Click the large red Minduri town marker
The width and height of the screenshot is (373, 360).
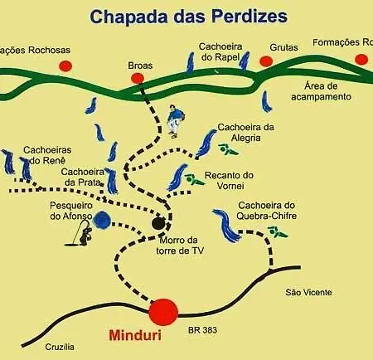pyautogui.click(x=163, y=312)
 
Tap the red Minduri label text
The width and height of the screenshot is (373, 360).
pyautogui.click(x=135, y=335)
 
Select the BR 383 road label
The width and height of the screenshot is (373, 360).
pyautogui.click(x=202, y=330)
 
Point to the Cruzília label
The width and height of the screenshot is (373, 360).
pyautogui.click(x=60, y=347)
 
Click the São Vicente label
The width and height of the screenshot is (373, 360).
pyautogui.click(x=308, y=292)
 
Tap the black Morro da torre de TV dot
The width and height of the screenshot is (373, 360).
pyautogui.click(x=158, y=224)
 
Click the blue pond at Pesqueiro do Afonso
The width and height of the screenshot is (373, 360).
pyautogui.click(x=102, y=221)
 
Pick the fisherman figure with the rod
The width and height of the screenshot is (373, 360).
pyautogui.click(x=80, y=233)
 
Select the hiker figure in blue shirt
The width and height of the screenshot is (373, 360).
pyautogui.click(x=175, y=121)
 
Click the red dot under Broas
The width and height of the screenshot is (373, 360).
pyautogui.click(x=138, y=78)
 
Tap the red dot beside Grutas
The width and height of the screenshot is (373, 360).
pyautogui.click(x=266, y=61)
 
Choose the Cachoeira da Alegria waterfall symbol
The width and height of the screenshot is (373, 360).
pyautogui.click(x=206, y=144)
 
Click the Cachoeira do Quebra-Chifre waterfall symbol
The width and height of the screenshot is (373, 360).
pyautogui.click(x=227, y=226)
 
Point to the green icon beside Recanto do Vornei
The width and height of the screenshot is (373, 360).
pyautogui.click(x=194, y=179)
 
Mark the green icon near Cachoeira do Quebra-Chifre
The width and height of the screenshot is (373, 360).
pyautogui.click(x=278, y=231)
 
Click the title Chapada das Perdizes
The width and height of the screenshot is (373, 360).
pyautogui.click(x=189, y=17)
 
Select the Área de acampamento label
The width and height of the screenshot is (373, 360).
pyautogui.click(x=321, y=91)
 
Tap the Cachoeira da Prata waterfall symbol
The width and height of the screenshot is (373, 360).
pyautogui.click(x=112, y=181)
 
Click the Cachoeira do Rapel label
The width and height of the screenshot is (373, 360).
pyautogui.click(x=220, y=51)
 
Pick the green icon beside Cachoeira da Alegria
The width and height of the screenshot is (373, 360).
pyautogui.click(x=227, y=149)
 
